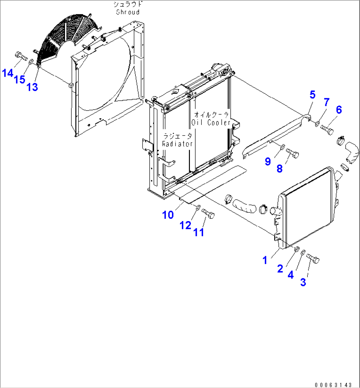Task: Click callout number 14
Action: click(x=8, y=73)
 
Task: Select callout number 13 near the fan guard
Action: click(x=32, y=87)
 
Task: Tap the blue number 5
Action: click(x=312, y=95)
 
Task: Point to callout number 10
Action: click(x=168, y=215)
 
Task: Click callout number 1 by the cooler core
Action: click(x=265, y=260)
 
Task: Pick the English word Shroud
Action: click(x=128, y=12)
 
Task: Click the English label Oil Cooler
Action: click(x=210, y=123)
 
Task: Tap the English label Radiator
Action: click(x=177, y=144)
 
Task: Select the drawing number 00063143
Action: click(x=333, y=385)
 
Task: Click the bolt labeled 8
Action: click(x=293, y=152)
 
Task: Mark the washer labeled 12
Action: click(x=197, y=208)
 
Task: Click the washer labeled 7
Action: click(x=316, y=124)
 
